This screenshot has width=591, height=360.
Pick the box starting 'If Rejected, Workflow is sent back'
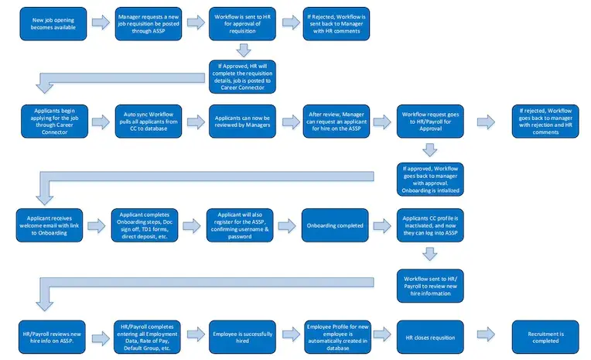tap(335, 25)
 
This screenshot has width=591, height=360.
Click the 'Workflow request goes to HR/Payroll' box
tap(430, 122)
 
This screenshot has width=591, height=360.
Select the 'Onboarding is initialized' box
tap(430, 177)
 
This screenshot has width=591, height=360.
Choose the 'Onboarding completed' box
tap(335, 225)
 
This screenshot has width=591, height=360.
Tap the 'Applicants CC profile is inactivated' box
tap(430, 225)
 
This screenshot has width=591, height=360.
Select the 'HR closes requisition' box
tap(430, 336)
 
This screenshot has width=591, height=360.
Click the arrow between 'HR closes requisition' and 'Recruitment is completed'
tap(487, 336)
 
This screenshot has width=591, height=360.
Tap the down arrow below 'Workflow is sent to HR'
tap(243, 50)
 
